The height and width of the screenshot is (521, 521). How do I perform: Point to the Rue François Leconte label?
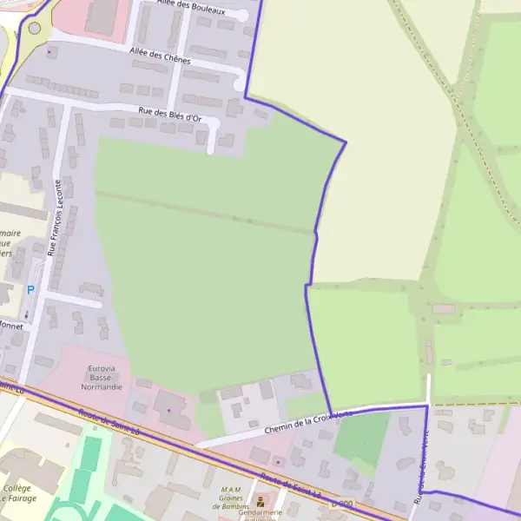(55, 217)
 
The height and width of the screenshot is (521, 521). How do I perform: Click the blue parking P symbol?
(31, 289)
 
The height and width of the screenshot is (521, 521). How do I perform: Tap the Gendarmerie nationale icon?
(260, 500)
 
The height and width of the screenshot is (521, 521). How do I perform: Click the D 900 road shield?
(342, 504)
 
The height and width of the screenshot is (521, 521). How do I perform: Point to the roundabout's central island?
(34, 28)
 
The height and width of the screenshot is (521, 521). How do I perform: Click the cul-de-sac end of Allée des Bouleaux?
(242, 16)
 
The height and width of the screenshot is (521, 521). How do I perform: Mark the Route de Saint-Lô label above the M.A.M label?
(290, 487)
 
